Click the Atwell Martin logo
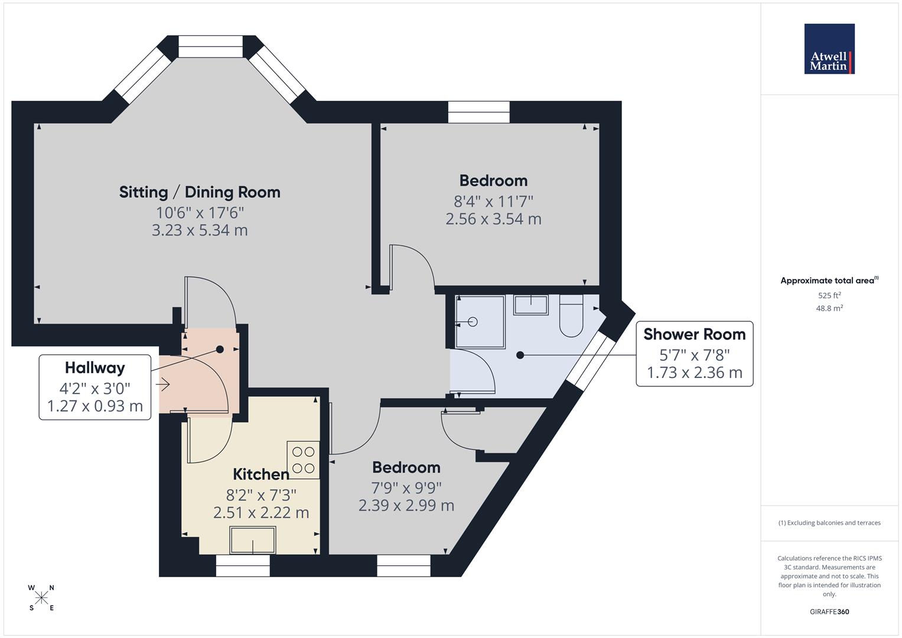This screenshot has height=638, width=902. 829,49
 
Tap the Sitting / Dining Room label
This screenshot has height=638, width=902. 200,192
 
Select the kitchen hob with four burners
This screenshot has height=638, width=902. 303,460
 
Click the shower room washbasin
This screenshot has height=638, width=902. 531,305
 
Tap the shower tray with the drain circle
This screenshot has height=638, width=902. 480,322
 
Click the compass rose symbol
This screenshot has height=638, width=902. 41,598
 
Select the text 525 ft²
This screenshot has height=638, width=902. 829,295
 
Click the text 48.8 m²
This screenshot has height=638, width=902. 829,308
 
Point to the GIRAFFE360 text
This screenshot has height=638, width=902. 829,612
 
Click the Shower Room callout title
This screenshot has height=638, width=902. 694,334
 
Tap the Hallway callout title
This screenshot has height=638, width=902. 95,368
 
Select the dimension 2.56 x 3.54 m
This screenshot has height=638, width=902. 493,219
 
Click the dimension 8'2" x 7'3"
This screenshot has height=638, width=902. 260,494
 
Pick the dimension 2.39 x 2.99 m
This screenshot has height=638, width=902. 406,506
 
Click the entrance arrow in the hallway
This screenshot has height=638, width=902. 163,385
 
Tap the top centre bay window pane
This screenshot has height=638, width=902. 210,47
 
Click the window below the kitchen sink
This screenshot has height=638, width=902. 243,566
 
